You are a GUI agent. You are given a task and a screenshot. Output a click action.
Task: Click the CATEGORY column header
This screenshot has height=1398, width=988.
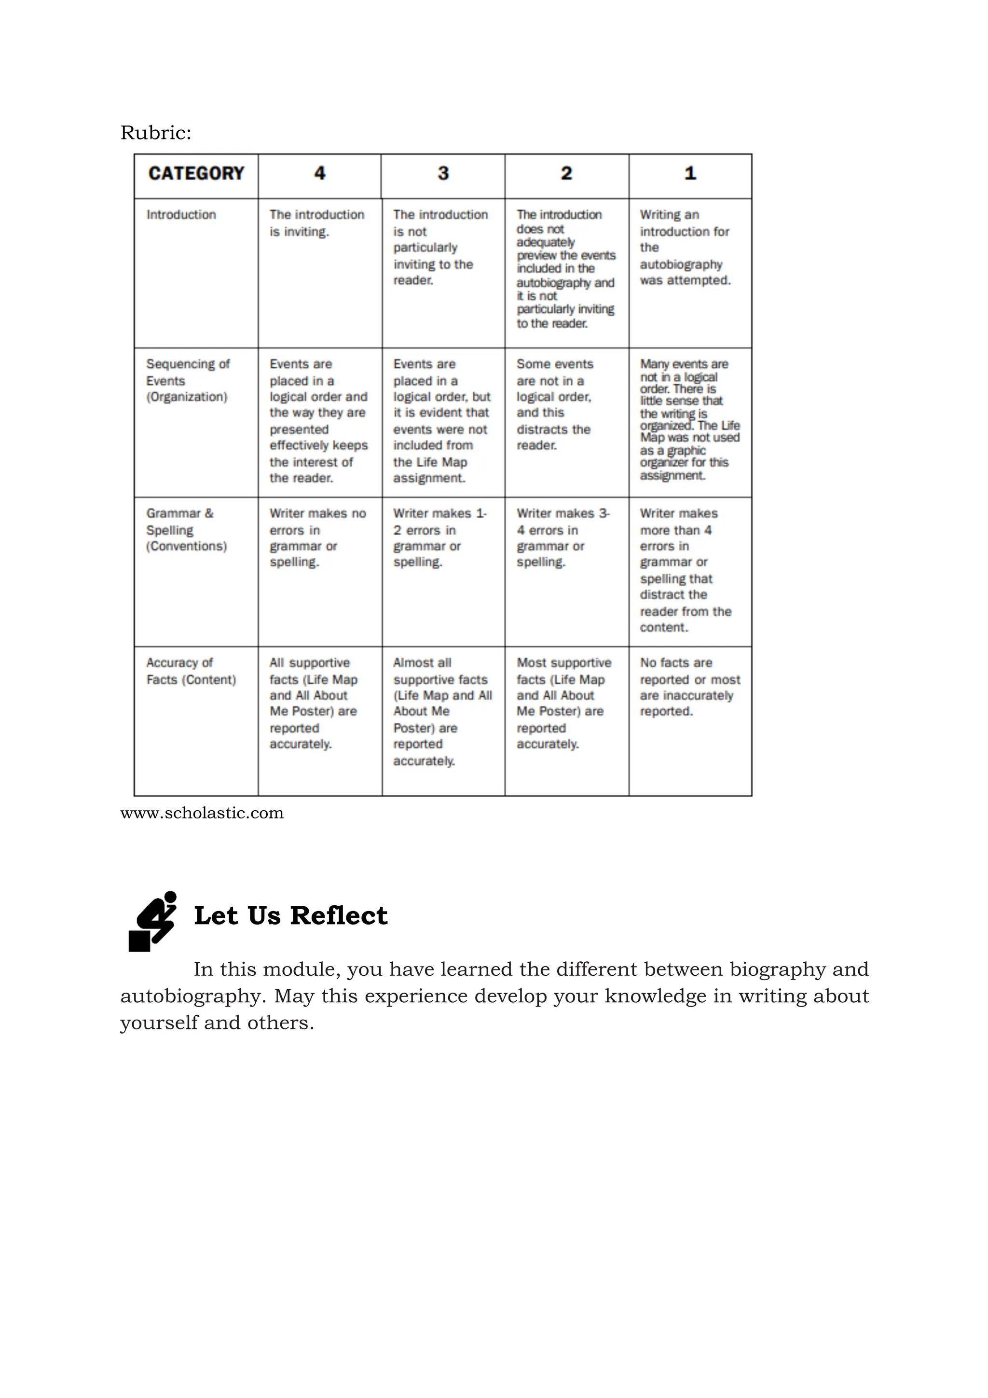[195, 174]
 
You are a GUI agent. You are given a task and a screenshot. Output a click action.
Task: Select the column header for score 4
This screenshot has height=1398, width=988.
[319, 174]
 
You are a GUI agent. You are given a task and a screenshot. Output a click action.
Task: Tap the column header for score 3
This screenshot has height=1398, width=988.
[443, 174]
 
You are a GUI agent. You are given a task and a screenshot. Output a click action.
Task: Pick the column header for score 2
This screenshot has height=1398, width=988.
[566, 174]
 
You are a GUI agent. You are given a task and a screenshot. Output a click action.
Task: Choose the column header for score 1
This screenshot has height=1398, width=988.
[690, 174]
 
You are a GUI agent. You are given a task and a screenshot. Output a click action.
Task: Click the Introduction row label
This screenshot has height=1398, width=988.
[181, 215]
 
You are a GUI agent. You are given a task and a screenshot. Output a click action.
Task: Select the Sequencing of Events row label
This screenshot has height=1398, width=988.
[188, 380]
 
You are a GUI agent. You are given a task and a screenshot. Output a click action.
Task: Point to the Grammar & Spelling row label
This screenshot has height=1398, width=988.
[186, 529]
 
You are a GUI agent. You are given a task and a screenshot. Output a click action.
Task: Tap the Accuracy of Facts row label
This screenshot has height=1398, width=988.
[191, 670]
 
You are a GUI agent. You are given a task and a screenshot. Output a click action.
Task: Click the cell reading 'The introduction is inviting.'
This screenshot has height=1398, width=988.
[316, 223]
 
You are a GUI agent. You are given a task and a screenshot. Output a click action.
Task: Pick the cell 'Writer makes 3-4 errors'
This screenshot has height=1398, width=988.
[563, 537]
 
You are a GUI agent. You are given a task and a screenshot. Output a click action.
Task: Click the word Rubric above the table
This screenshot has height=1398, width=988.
[155, 133]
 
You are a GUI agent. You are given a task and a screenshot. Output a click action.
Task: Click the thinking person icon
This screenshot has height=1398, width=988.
[152, 921]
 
